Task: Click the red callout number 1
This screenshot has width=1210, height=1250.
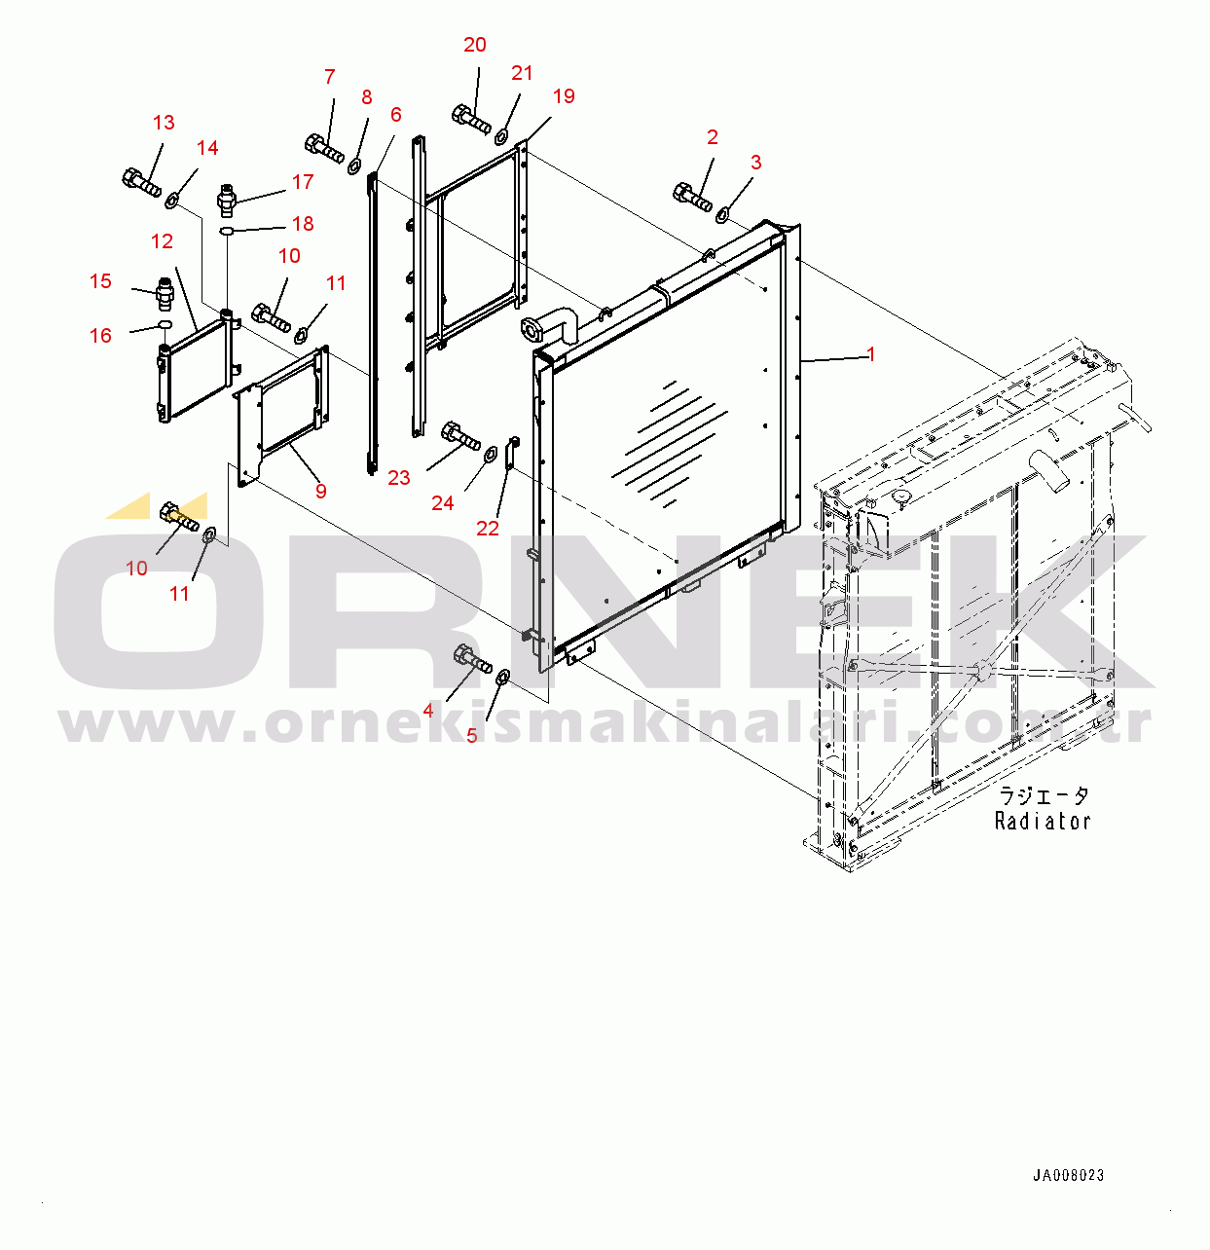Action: (x=871, y=354)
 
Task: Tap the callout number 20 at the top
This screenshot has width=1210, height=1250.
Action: (x=475, y=45)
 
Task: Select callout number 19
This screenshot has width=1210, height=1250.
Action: (x=564, y=96)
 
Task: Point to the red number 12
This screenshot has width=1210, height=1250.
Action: (x=162, y=241)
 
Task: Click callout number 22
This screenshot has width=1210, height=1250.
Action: (x=488, y=528)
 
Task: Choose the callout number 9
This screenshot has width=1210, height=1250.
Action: (x=321, y=492)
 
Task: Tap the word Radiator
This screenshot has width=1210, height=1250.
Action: (x=1043, y=822)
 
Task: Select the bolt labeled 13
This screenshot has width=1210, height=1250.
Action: (x=141, y=182)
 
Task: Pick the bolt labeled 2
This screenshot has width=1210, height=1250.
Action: (x=692, y=198)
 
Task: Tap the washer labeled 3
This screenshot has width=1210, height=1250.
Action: (x=722, y=214)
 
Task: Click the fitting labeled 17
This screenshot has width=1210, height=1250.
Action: (x=227, y=200)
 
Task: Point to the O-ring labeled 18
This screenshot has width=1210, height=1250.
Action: (x=227, y=231)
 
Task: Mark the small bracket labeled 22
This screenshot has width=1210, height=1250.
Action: (x=512, y=453)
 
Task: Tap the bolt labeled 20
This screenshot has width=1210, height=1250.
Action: (x=471, y=120)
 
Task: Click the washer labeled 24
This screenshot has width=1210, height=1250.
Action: (x=491, y=454)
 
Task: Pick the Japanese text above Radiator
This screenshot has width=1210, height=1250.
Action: (x=1044, y=796)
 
